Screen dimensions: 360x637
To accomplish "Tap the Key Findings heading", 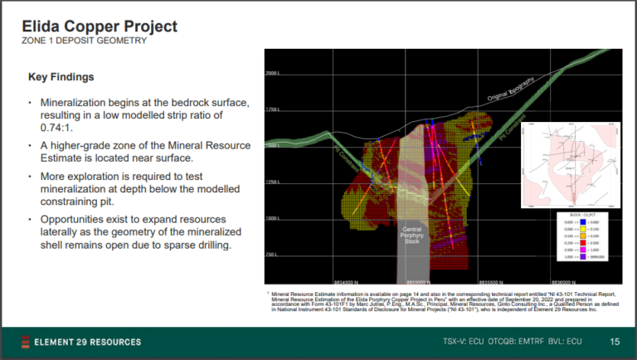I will click(61, 77).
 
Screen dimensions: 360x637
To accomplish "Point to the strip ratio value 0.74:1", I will click(56, 130).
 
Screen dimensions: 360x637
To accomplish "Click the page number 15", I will click(615, 342).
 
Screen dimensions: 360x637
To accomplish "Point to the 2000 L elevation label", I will click(275, 74).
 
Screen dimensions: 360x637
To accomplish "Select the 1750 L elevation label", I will click(275, 109).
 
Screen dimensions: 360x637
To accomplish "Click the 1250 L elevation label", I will click(275, 182).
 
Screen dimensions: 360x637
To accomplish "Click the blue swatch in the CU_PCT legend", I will click(585, 223).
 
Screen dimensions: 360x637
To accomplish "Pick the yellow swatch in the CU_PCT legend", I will click(585, 230).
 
